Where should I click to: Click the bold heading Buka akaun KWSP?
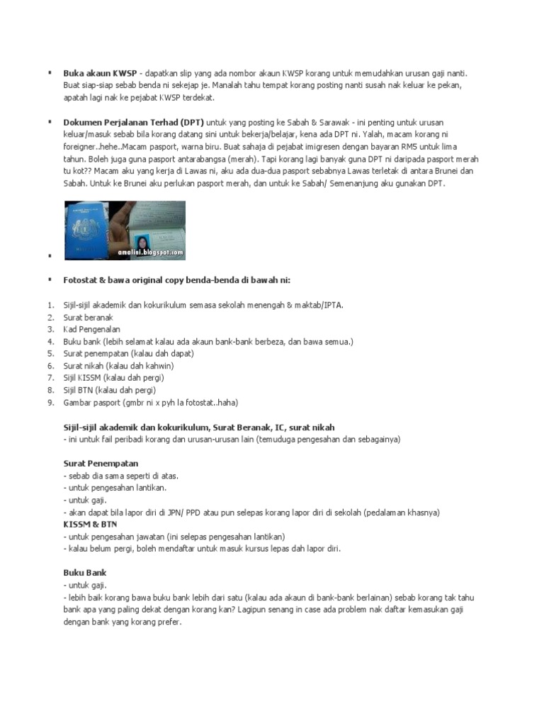click(x=101, y=73)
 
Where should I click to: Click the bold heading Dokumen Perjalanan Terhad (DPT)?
click(x=134, y=122)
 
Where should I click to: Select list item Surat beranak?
click(x=89, y=317)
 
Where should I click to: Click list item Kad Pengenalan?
click(x=91, y=329)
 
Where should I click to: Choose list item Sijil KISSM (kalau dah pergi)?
click(x=109, y=378)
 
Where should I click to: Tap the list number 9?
click(x=50, y=402)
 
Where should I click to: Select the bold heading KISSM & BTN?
click(x=90, y=524)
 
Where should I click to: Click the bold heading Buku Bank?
click(x=85, y=573)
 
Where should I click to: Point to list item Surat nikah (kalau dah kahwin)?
click(x=118, y=366)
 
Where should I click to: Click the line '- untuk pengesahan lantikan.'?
click(x=115, y=488)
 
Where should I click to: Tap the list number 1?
click(x=50, y=305)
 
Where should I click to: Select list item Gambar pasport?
click(x=151, y=402)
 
